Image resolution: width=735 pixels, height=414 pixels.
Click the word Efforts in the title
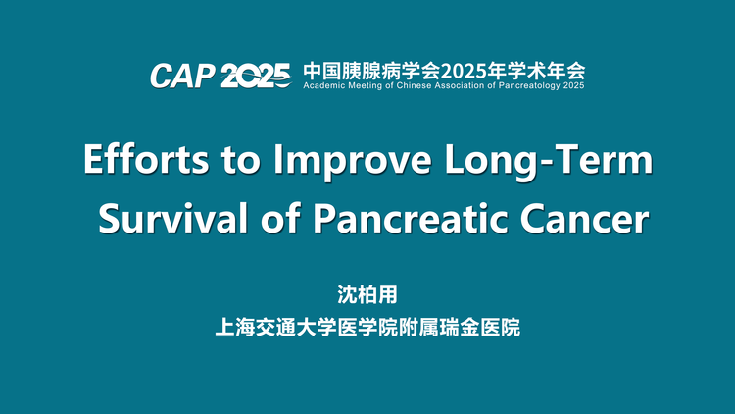[146, 159]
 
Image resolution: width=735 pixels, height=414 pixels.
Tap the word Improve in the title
[352, 162]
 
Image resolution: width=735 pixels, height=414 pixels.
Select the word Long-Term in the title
[549, 162]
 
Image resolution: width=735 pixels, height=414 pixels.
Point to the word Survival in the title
[172, 218]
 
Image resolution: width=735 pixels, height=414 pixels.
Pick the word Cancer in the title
[585, 219]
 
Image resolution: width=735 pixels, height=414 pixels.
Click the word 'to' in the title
[240, 161]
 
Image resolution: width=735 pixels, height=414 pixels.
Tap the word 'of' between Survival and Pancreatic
[280, 218]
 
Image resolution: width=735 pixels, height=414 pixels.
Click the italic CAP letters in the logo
[182, 76]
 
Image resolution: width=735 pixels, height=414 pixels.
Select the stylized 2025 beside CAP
[256, 76]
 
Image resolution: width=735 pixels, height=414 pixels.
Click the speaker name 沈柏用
[367, 294]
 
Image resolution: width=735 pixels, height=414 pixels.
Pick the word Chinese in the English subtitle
[414, 86]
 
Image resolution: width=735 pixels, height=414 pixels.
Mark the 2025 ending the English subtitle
[573, 86]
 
